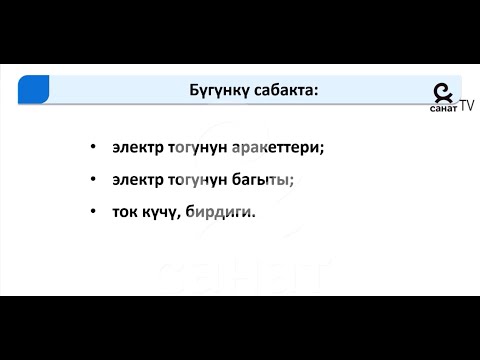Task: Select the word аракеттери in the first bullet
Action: pos(274,147)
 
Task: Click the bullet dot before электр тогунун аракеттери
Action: pos(92,147)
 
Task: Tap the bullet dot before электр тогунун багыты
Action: pos(92,180)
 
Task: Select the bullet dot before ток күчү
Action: pos(92,212)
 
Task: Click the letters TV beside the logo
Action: pos(467,103)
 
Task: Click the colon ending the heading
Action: pos(316,91)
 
